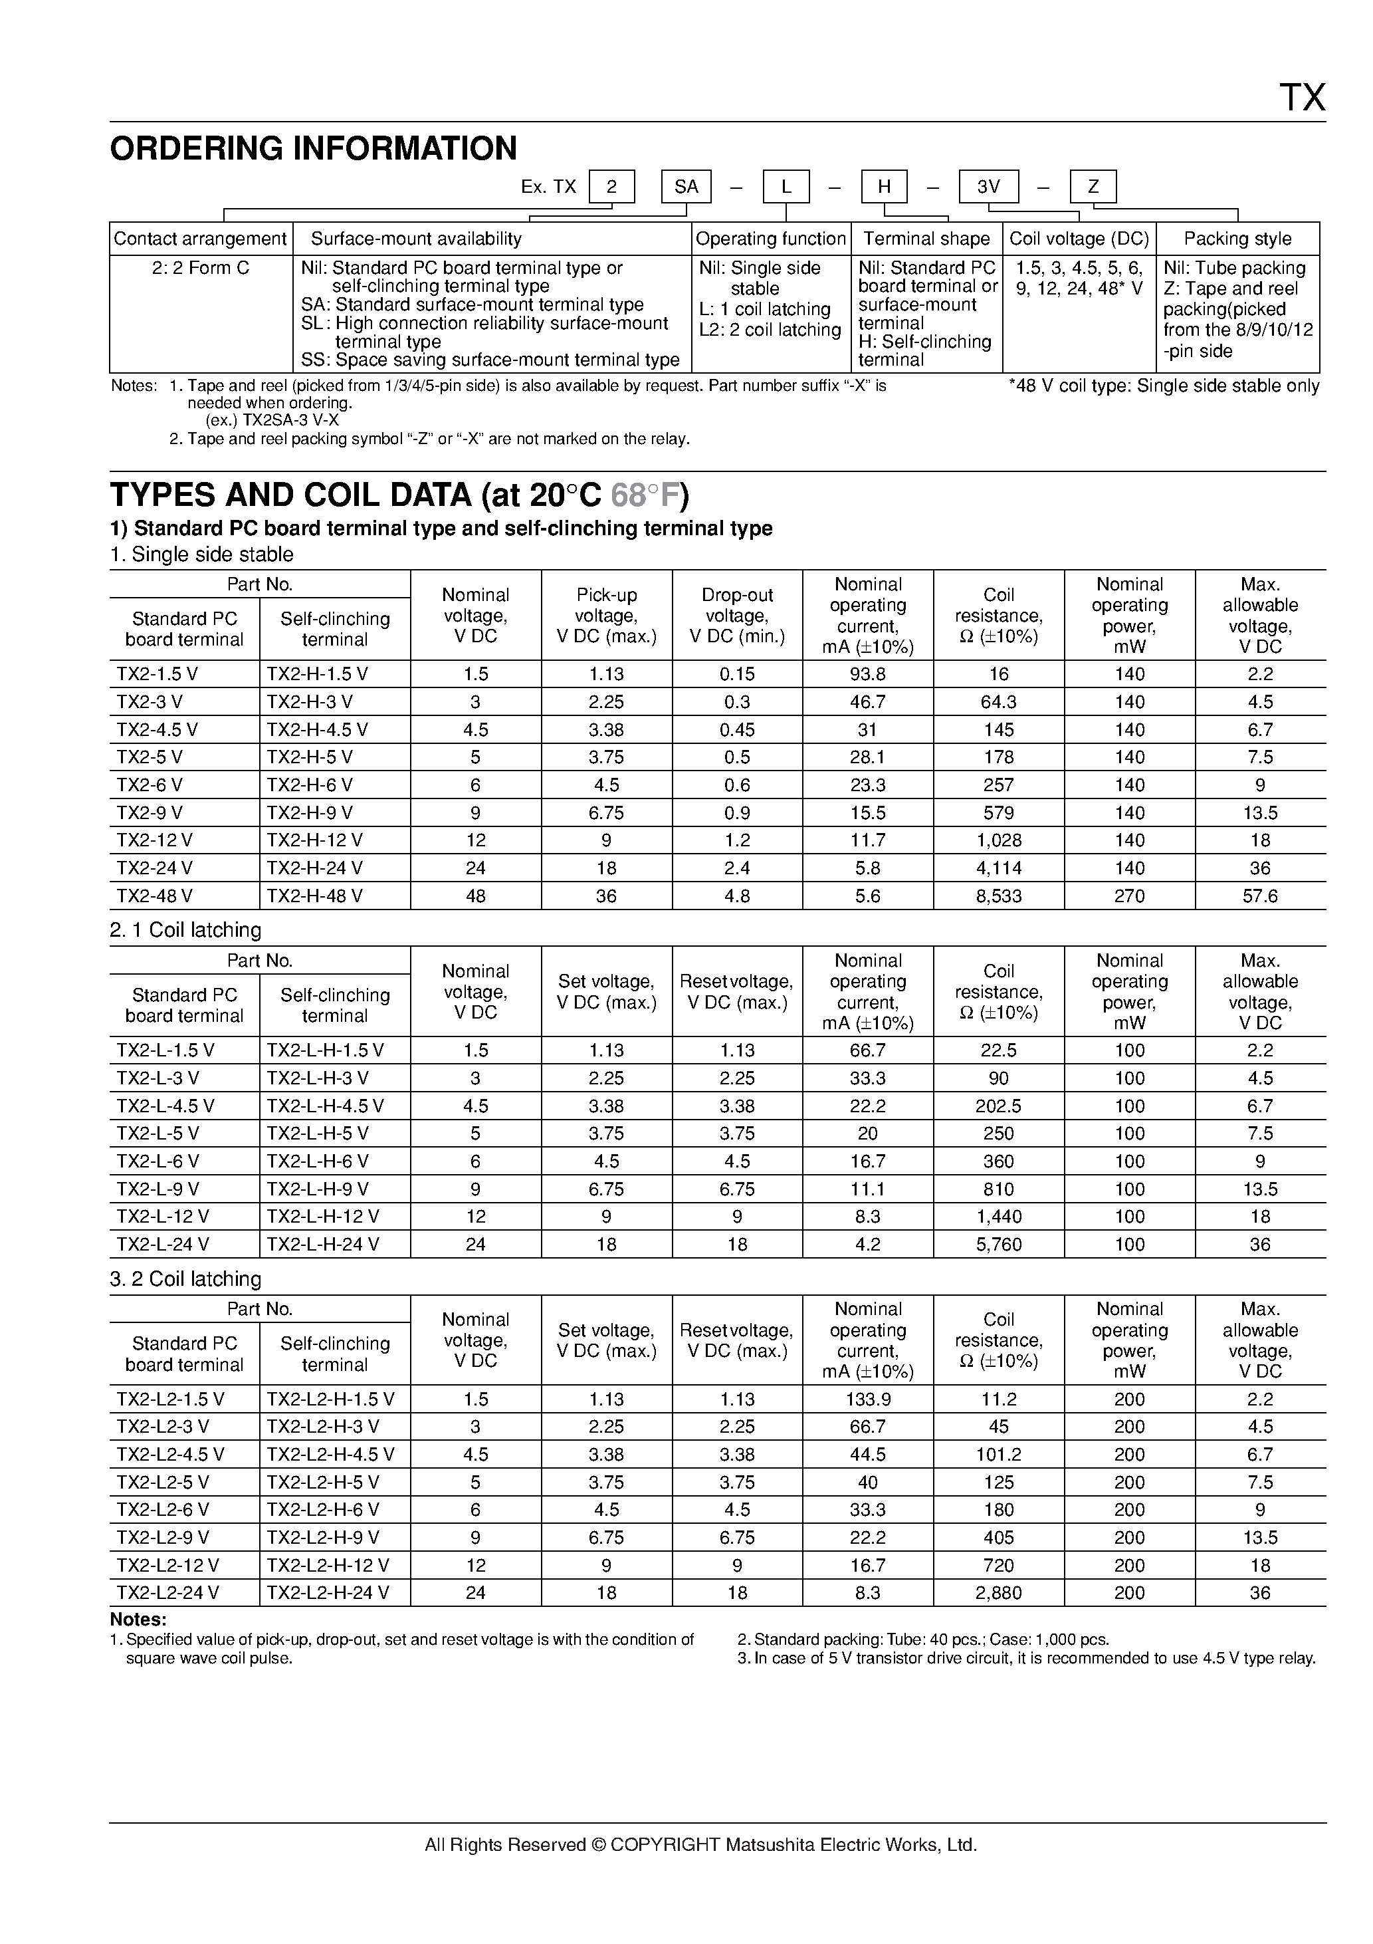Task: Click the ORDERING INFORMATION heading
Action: coord(313,149)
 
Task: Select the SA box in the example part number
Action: coord(686,187)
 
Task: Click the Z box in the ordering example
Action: coord(1093,187)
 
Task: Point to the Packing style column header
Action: coord(1237,239)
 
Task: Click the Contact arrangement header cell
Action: coord(201,239)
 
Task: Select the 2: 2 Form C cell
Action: coord(201,269)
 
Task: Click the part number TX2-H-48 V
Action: coord(315,896)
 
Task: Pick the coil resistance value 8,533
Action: coord(998,896)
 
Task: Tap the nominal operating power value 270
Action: coord(1129,896)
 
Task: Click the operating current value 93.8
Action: coord(868,674)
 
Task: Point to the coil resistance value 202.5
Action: coord(998,1106)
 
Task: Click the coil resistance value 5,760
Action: coord(998,1245)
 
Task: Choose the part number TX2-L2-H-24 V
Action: coord(328,1592)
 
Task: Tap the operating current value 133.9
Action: coord(868,1399)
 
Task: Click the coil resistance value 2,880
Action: coord(998,1592)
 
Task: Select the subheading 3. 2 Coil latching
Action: coord(185,1278)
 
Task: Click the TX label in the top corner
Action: coord(1301,98)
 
